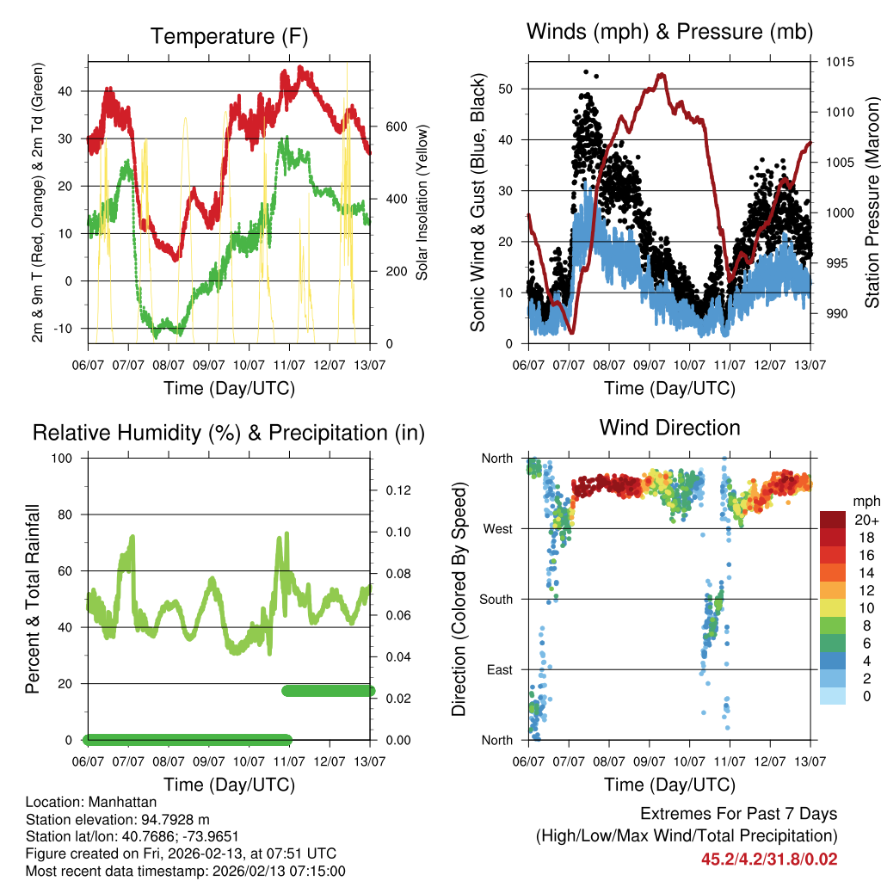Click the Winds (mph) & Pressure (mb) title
coord(669,32)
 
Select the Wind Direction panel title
coord(669,427)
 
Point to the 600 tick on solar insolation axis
coord(395,126)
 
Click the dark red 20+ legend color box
coord(833,520)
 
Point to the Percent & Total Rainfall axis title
coord(34,599)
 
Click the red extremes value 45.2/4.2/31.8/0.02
coord(769,859)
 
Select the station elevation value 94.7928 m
coord(175,820)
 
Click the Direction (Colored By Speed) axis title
coord(459,599)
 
